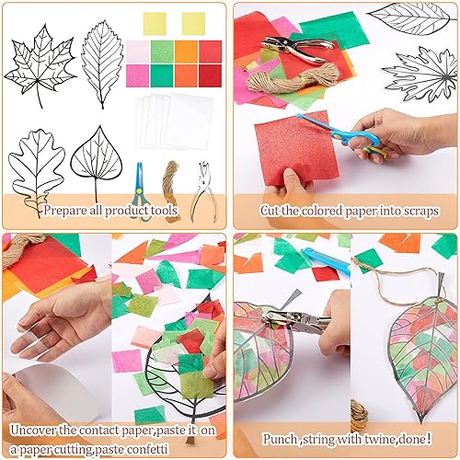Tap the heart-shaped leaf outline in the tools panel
(x=98, y=161)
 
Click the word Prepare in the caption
(x=66, y=210)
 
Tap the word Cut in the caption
(x=272, y=211)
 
